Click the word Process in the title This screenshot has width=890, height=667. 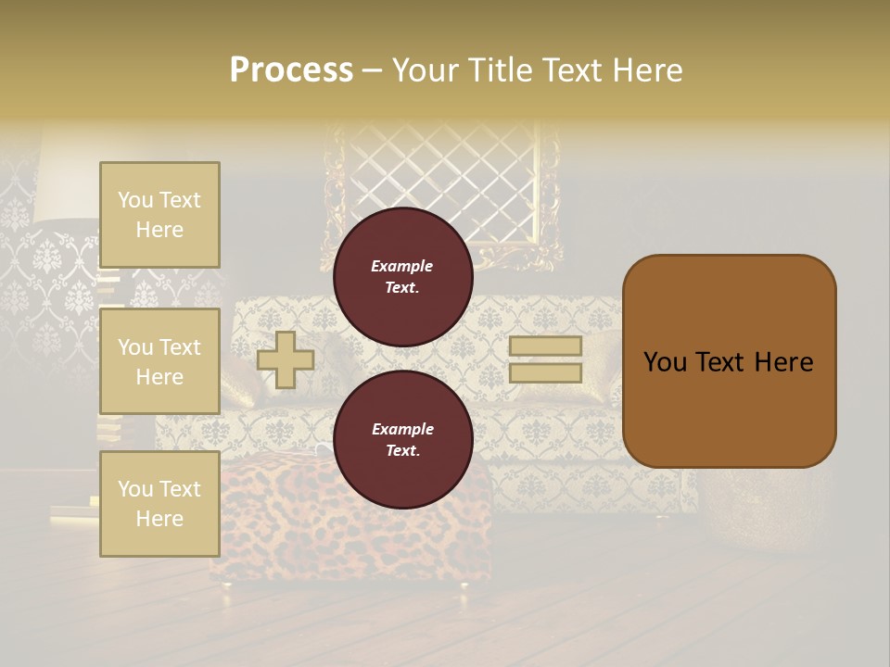click(291, 69)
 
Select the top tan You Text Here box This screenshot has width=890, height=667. click(159, 215)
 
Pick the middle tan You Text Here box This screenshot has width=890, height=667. click(159, 361)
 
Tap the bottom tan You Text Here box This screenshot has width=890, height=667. click(159, 504)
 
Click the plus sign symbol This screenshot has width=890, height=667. click(286, 359)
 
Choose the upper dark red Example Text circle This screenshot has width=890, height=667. click(402, 277)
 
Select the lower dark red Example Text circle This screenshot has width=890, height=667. click(402, 440)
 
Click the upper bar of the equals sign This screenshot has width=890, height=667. click(545, 346)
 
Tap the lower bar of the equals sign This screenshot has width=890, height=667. click(545, 373)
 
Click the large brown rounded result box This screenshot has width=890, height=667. click(729, 361)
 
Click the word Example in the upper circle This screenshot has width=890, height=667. click(402, 266)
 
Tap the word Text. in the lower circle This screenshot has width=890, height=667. click(402, 451)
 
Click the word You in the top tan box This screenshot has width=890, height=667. click(135, 200)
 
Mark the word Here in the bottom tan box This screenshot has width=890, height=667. click(159, 519)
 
